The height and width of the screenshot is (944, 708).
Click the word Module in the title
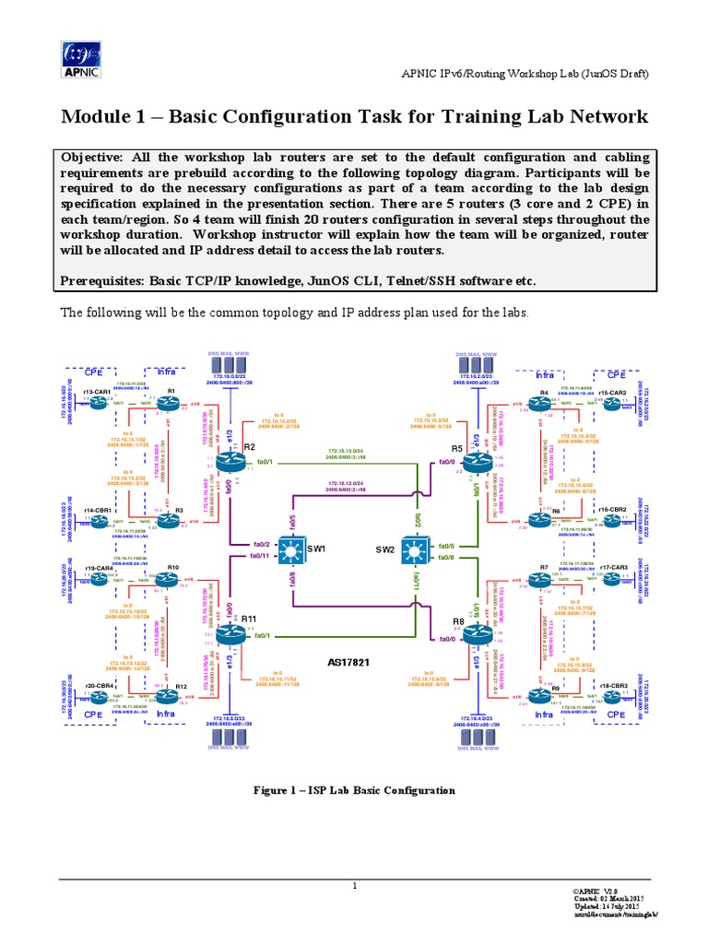[x=96, y=117]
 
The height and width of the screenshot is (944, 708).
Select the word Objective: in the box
[x=97, y=157]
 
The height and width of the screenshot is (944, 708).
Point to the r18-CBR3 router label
[x=612, y=686]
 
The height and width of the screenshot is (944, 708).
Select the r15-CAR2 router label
[x=612, y=393]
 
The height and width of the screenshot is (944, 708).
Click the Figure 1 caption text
[x=354, y=790]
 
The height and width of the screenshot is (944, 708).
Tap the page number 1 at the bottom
[x=354, y=886]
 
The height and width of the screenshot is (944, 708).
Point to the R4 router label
[x=544, y=393]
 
